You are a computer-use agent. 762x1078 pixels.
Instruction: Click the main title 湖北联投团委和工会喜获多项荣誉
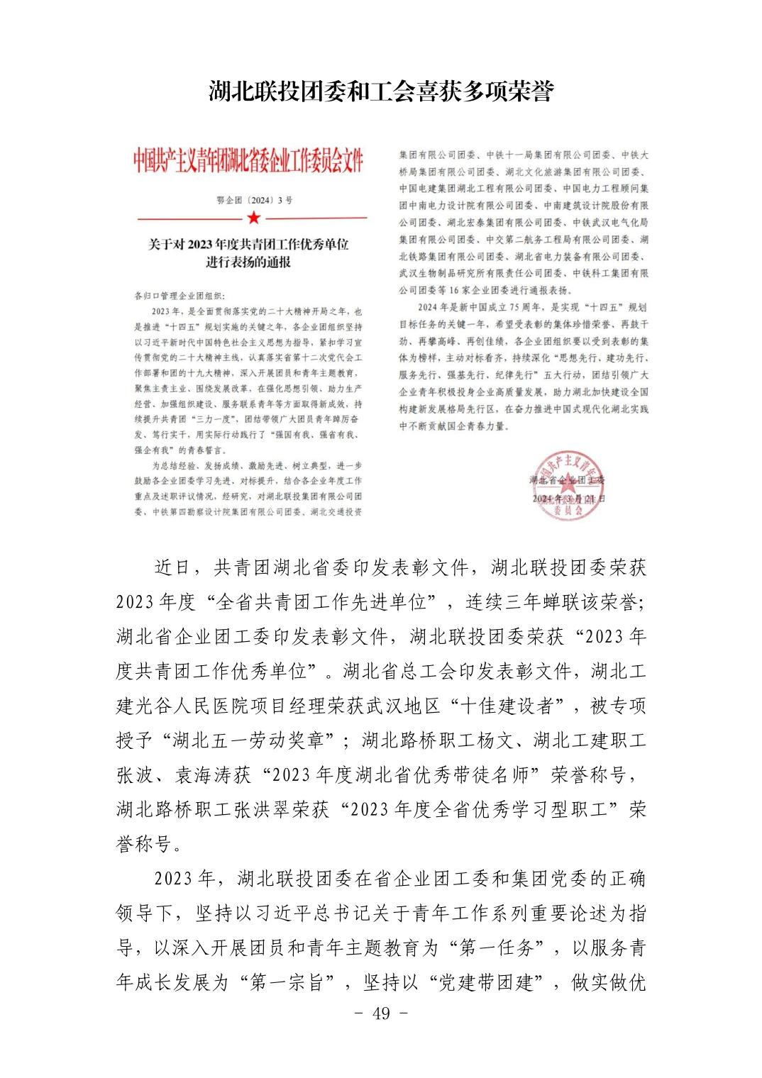[381, 91]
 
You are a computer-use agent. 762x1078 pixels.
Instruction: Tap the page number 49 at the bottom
[381, 1013]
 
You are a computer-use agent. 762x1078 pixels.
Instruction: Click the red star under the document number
[254, 217]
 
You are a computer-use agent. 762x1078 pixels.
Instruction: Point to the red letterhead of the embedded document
[248, 162]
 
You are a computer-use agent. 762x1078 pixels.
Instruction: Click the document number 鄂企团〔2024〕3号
[254, 200]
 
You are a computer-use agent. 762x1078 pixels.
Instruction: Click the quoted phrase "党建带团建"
[486, 982]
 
